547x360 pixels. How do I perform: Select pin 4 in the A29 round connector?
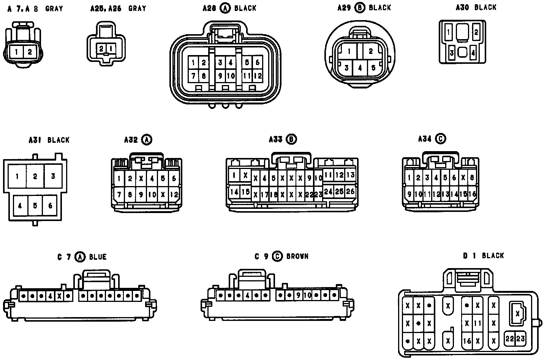tap(360, 68)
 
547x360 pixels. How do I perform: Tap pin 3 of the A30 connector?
tap(452, 53)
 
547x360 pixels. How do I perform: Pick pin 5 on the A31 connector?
tap(35, 206)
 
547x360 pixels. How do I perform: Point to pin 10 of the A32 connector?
tap(152, 195)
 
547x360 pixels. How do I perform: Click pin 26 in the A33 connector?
tap(350, 192)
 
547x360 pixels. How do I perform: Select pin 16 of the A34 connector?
tap(472, 194)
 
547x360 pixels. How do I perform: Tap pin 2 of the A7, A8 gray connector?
tap(30, 52)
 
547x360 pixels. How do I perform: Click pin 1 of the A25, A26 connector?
tap(111, 49)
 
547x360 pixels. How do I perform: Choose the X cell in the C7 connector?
tap(59, 295)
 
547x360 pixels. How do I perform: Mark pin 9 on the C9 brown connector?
tap(298, 295)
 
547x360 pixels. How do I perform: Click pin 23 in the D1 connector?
tap(520, 338)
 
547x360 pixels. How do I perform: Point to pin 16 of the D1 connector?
tap(467, 341)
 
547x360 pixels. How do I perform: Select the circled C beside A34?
tap(441, 139)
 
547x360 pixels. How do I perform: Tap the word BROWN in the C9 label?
tap(297, 256)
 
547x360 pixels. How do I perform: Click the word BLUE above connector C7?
tap(98, 257)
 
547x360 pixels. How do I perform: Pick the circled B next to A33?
tap(291, 139)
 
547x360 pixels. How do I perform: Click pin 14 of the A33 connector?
tap(234, 192)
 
